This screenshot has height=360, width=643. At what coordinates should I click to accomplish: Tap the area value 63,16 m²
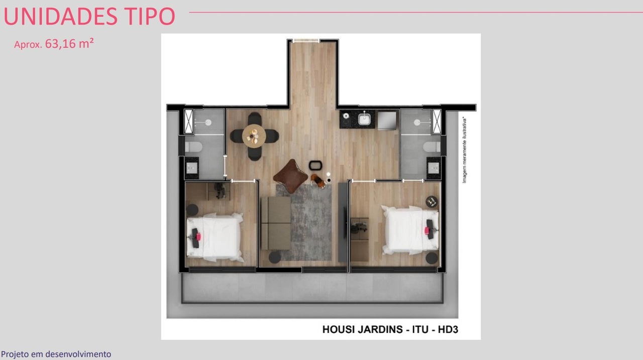[69, 44]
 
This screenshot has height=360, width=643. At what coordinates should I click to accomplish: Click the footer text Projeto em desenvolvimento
[56, 354]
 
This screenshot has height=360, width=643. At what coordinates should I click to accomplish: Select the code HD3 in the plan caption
[448, 330]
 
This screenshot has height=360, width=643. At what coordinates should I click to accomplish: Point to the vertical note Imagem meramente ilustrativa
[465, 150]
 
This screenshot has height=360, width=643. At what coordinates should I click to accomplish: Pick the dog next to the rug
[316, 180]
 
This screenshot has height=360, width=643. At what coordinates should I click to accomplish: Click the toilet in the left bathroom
[193, 147]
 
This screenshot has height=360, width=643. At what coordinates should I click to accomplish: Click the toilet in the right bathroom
[432, 147]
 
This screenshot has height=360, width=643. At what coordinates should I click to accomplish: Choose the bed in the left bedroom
[215, 236]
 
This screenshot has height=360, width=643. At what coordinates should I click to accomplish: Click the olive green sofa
[275, 223]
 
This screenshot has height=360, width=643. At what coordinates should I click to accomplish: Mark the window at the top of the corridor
[306, 41]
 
